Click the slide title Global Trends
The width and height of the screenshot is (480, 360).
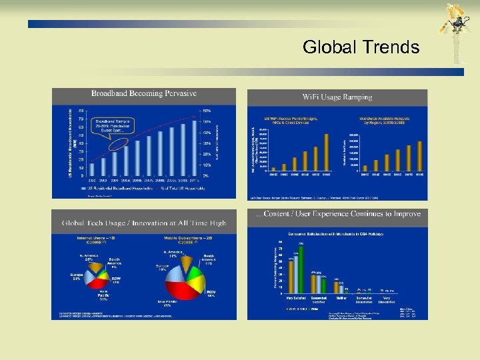361,47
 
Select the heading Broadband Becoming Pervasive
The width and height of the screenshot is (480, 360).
144,94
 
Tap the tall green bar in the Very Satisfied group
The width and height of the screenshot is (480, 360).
300,271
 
